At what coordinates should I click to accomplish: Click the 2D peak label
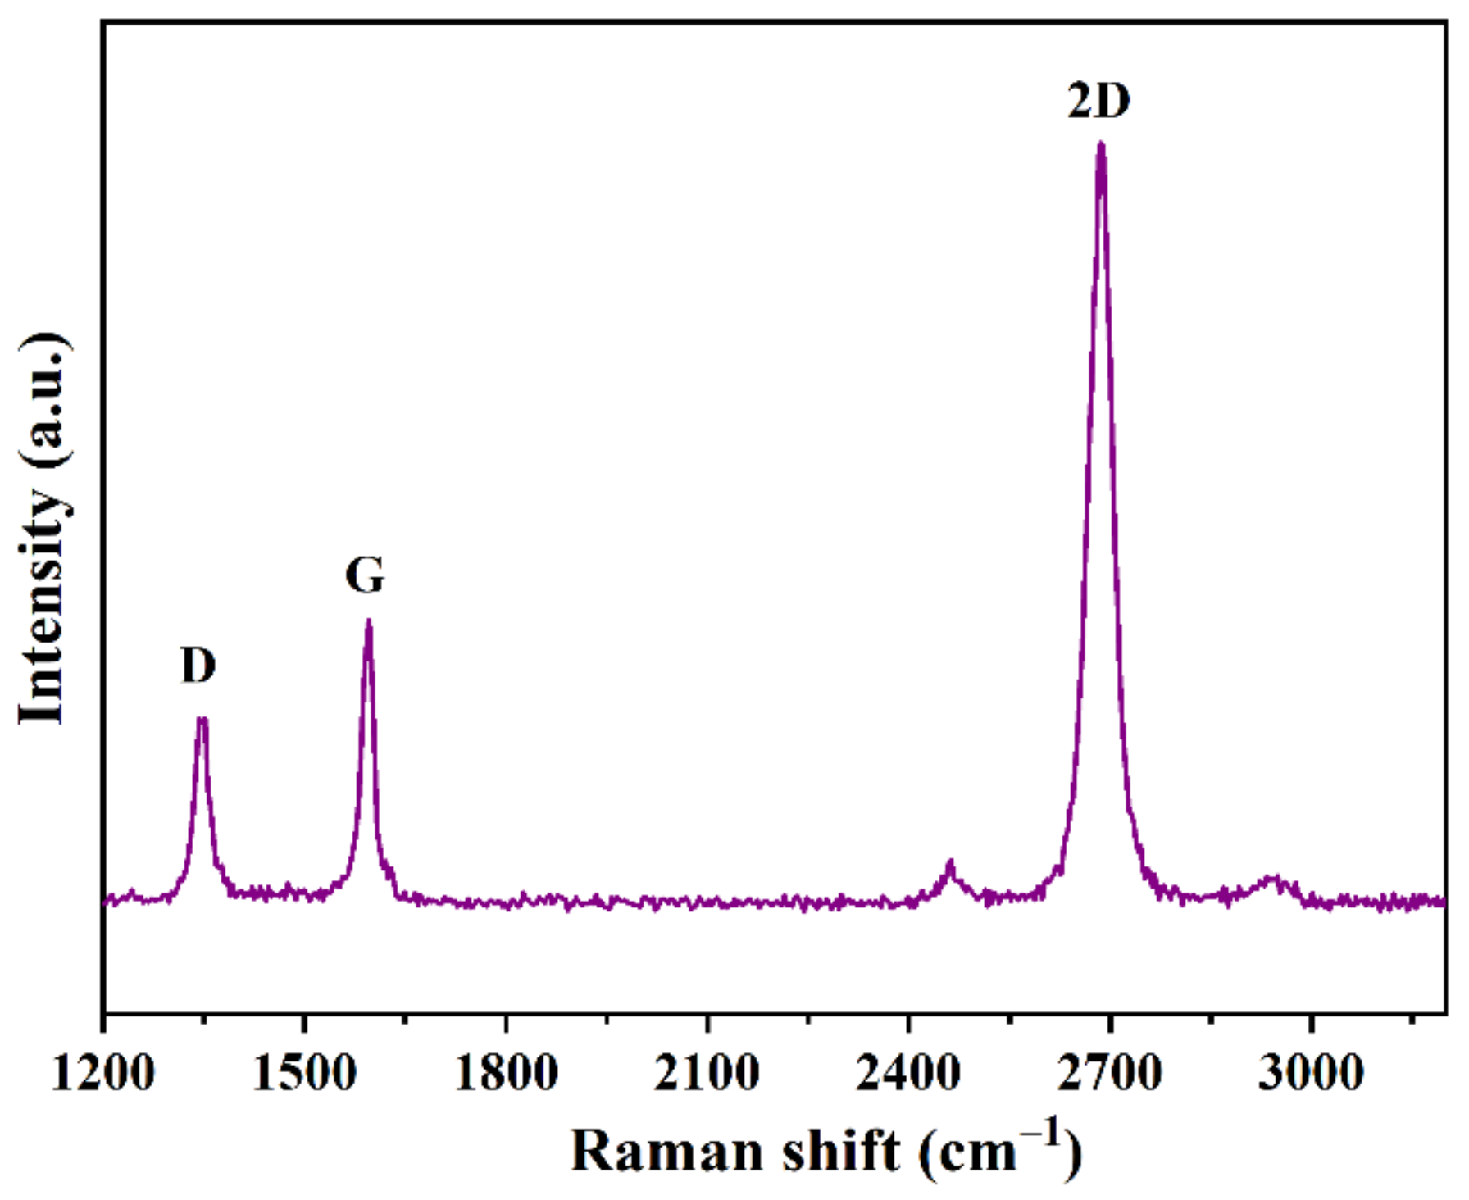(1098, 101)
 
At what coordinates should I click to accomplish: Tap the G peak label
(365, 575)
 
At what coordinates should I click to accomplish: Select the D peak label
(198, 665)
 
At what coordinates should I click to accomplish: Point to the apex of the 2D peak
(1101, 144)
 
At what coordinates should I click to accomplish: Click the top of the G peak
(369, 621)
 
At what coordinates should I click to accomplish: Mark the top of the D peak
(202, 720)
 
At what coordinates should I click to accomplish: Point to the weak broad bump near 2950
(1271, 880)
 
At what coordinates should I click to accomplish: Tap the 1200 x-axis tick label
(103, 1072)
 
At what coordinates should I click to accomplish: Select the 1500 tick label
(304, 1072)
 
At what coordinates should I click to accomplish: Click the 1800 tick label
(506, 1072)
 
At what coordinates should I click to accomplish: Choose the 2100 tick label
(707, 1072)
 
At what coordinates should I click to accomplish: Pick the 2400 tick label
(908, 1072)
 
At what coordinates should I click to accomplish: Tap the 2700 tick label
(1109, 1072)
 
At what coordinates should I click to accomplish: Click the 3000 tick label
(1311, 1072)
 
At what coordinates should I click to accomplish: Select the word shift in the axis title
(840, 1151)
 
